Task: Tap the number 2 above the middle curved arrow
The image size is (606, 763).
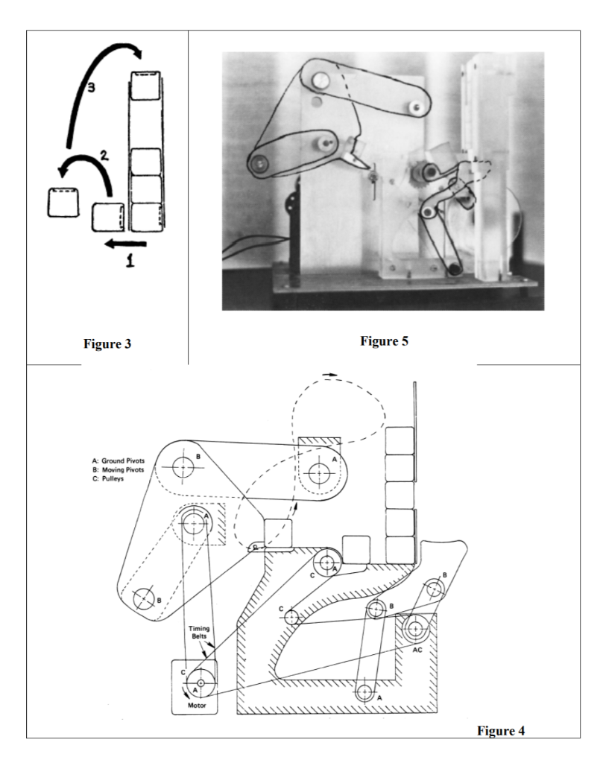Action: click(x=105, y=157)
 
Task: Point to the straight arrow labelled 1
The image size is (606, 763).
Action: click(x=125, y=242)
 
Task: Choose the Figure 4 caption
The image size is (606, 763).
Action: click(x=500, y=730)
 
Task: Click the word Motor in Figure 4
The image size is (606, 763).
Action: click(x=195, y=703)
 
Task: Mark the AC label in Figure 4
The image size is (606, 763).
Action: click(x=417, y=649)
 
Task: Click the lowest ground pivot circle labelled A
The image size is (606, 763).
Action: click(x=364, y=692)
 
